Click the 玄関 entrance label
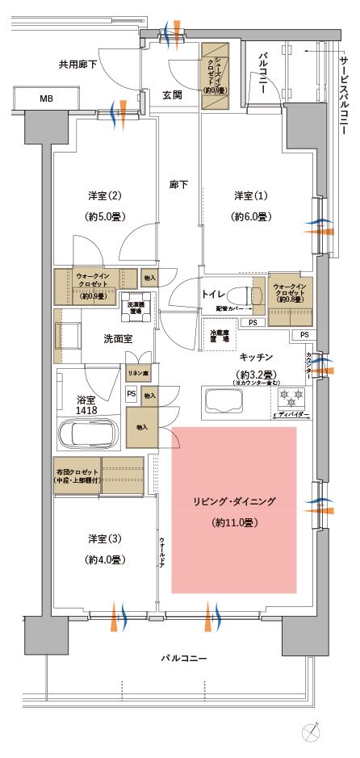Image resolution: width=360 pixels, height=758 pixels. point(172,95)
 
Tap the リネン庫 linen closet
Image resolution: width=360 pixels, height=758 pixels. point(136,374)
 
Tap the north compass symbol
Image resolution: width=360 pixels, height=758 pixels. point(315,733)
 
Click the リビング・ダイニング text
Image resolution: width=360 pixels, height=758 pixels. point(234,501)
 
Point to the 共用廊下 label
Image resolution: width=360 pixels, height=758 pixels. point(77,64)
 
